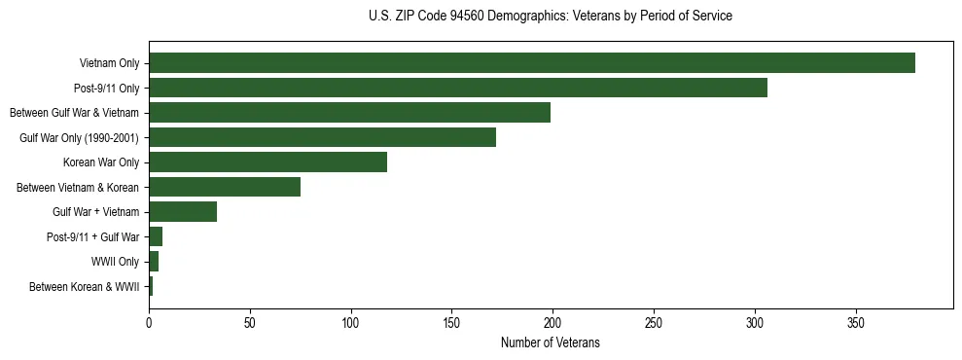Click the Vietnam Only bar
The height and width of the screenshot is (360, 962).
point(531,63)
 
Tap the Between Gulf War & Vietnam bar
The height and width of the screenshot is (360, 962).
point(349,113)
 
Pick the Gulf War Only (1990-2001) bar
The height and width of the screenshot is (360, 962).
point(322,137)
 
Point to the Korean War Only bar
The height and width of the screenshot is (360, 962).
point(267,162)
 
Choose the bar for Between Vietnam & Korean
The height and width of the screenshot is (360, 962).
point(225,187)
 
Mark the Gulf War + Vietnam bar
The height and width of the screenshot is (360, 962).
point(183,212)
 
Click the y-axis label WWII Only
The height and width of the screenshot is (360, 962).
point(115,262)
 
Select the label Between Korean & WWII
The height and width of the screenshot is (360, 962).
point(84,287)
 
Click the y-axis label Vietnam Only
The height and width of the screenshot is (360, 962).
point(109,63)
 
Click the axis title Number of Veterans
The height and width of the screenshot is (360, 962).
point(550,343)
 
